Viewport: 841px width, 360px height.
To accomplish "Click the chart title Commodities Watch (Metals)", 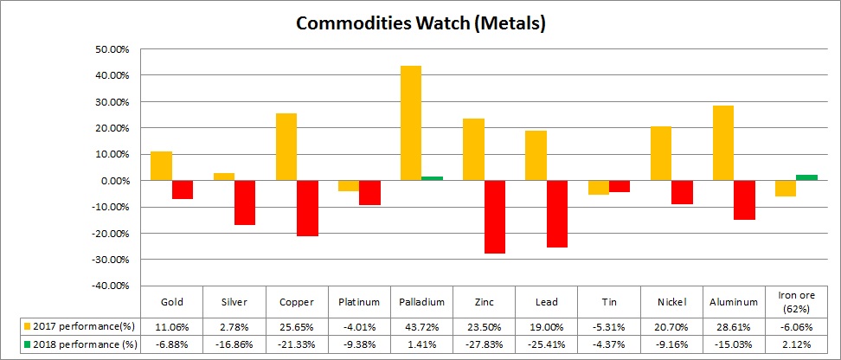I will pyautogui.click(x=420, y=23).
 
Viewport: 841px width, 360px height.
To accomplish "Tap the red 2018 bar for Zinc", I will pyautogui.click(x=494, y=216).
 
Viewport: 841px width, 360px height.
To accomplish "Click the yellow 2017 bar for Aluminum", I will pyautogui.click(x=723, y=143).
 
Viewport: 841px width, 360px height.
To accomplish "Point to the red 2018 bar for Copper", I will pyautogui.click(x=307, y=208).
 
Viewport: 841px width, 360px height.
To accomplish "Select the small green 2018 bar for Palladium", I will pyautogui.click(x=432, y=178).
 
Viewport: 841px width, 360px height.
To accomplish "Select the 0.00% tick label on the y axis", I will pyautogui.click(x=112, y=181).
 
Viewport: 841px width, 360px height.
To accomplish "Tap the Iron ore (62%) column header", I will pyautogui.click(x=796, y=302).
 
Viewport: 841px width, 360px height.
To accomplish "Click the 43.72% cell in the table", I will pyautogui.click(x=422, y=326).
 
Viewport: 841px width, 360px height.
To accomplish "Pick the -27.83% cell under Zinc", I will pyautogui.click(x=485, y=344).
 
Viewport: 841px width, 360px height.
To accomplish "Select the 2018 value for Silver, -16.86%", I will pyautogui.click(x=234, y=344).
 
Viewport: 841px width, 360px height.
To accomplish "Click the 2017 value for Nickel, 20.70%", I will pyautogui.click(x=671, y=326).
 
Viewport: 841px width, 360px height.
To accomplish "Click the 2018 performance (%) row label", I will pyautogui.click(x=78, y=344).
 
